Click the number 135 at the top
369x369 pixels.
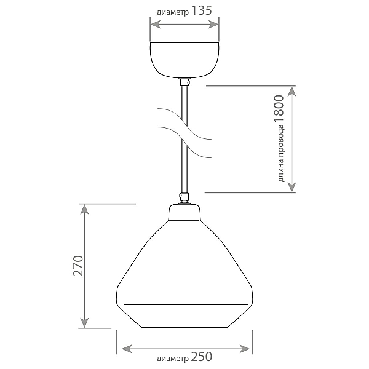pos(202,11)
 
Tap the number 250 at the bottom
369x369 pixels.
pos(202,357)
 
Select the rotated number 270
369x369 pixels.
pos(78,266)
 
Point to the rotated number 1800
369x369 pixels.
pos(279,109)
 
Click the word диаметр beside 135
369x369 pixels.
pos(173,12)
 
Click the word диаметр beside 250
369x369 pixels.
pos(173,359)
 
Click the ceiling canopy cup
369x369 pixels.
pos(184,60)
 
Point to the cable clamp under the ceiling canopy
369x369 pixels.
pos(184,82)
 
